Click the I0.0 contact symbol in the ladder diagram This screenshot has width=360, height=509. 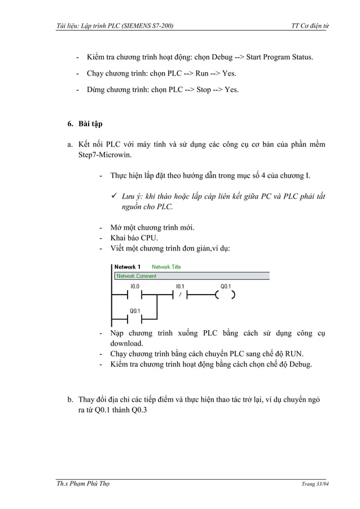pos(135,294)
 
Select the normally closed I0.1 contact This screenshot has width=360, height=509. pos(179,294)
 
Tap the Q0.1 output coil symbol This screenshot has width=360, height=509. pos(225,294)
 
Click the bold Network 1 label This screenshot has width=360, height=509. pos(128,267)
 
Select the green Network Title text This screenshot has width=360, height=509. pos(166,267)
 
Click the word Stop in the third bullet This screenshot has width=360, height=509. pos(203,89)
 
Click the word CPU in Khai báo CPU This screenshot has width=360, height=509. pos(149,238)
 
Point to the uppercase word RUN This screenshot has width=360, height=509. pos(293,354)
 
